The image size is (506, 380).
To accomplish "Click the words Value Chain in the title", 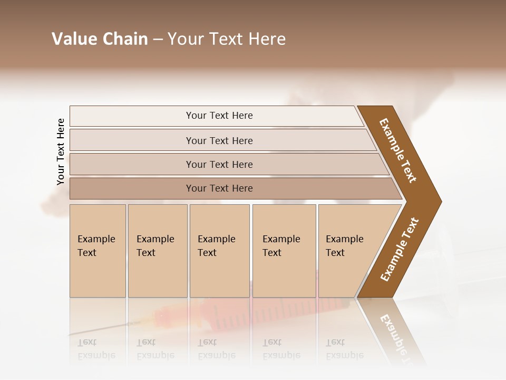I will (100, 39).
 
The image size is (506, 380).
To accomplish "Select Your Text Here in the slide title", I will (227, 39).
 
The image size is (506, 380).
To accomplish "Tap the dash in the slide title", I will (158, 40).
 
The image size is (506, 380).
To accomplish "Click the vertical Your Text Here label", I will (61, 152).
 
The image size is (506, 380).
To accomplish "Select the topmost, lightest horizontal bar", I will (219, 116).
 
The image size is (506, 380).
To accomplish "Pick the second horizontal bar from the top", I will (219, 140).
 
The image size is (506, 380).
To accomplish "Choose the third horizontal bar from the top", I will (219, 164).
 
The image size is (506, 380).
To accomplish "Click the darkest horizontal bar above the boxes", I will (219, 188).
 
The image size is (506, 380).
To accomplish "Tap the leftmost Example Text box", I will (98, 250).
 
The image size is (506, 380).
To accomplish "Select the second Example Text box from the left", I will (157, 250).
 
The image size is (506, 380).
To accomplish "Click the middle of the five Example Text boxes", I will (219, 250).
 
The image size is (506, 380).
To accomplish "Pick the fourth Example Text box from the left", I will (284, 250).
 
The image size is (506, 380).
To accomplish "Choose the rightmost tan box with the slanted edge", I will (348, 250).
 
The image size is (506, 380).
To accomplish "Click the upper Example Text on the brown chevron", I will (398, 150).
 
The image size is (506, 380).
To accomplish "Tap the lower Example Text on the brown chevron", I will (400, 250).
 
